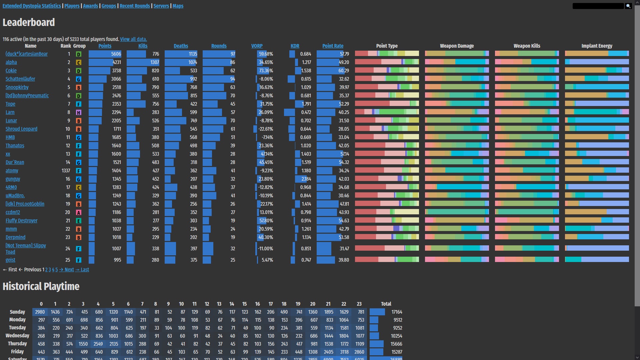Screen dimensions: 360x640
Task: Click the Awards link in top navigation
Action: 90,6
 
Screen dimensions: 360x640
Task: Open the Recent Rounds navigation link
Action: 135,6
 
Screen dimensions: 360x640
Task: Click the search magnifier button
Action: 628,6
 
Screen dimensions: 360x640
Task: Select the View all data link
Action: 133,39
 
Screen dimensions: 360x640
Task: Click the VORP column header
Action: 257,46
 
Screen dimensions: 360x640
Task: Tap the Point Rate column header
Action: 333,46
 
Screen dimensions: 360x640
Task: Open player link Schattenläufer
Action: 20,79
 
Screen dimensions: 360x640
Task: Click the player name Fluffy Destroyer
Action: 21,221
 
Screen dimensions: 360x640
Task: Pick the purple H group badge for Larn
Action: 79,113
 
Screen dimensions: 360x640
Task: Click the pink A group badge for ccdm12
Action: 79,213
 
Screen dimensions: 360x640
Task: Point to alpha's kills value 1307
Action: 155,62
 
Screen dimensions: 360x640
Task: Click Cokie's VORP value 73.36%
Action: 266,71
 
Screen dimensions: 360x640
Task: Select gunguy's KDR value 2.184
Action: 306,179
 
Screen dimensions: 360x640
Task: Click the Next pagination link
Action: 69,270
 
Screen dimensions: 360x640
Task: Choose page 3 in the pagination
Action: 50,270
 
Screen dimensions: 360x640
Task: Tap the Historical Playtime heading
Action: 41,286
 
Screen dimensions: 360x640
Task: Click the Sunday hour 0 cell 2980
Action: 40,312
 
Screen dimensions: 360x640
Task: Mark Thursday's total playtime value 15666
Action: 396,344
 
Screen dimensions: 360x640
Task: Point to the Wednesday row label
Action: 17,336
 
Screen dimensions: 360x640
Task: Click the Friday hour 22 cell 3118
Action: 344,352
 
